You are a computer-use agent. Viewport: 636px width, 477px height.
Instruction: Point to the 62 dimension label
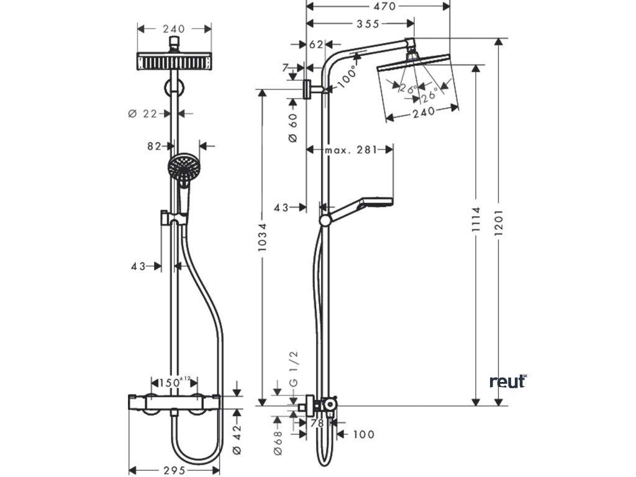click(316, 45)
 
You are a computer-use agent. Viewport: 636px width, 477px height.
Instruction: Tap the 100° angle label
click(348, 76)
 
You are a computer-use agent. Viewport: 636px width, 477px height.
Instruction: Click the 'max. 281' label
click(350, 150)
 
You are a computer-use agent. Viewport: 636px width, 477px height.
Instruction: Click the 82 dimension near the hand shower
click(155, 147)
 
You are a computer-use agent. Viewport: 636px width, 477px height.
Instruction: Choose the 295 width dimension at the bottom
click(174, 470)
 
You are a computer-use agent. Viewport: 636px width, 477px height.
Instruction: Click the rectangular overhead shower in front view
click(173, 62)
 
